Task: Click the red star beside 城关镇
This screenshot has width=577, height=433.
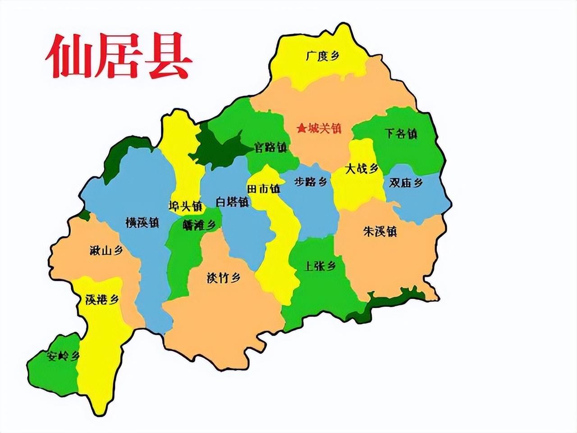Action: (301, 129)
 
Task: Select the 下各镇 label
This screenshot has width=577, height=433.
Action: (401, 134)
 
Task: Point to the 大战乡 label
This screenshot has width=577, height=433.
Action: (362, 169)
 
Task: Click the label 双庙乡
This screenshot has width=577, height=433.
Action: (406, 183)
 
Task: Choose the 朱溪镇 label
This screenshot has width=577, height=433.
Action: (380, 232)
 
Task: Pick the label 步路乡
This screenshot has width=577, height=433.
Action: (311, 182)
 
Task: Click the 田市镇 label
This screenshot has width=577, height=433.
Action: (264, 189)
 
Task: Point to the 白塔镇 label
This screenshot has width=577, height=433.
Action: (232, 202)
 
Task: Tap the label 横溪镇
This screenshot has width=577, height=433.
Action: (142, 222)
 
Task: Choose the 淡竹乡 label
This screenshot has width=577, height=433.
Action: (223, 278)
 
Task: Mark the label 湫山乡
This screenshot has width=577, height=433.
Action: (106, 251)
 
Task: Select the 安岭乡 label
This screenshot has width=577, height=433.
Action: (63, 356)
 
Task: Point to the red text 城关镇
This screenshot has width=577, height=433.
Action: (325, 129)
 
